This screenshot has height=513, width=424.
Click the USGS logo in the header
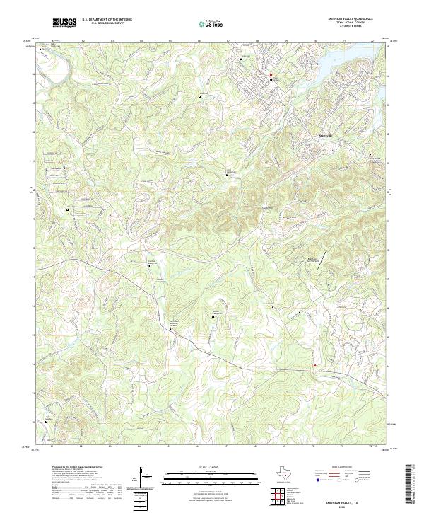(64, 23)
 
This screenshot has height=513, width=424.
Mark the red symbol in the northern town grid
(269, 74)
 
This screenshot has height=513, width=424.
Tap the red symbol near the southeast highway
(314, 365)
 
